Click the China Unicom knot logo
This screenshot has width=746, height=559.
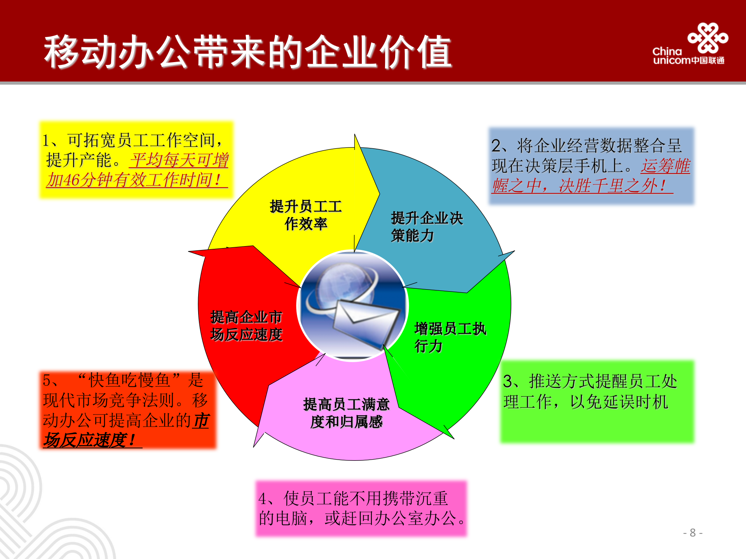coord(708,38)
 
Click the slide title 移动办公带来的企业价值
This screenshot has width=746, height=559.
coord(248,52)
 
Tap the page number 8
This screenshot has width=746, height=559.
coord(692,533)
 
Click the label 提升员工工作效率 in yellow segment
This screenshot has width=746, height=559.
coord(306,215)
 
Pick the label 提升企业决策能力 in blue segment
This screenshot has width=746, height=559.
coord(426,227)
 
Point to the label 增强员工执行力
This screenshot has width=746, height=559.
coord(450,337)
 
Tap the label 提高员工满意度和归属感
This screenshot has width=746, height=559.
coord(346,413)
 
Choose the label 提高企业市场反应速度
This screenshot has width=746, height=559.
coord(246,326)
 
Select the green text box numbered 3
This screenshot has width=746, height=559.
coord(597,402)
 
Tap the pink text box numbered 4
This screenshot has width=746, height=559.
coord(361,509)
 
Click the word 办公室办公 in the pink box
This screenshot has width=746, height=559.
coord(415,518)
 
